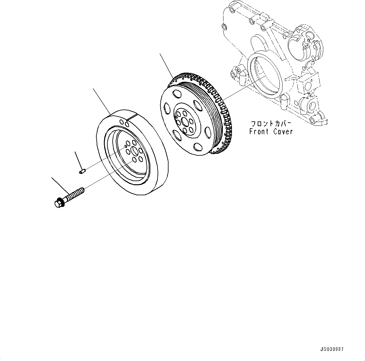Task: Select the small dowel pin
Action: point(82,171)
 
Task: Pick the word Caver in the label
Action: point(282,131)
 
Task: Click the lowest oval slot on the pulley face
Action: point(197,147)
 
